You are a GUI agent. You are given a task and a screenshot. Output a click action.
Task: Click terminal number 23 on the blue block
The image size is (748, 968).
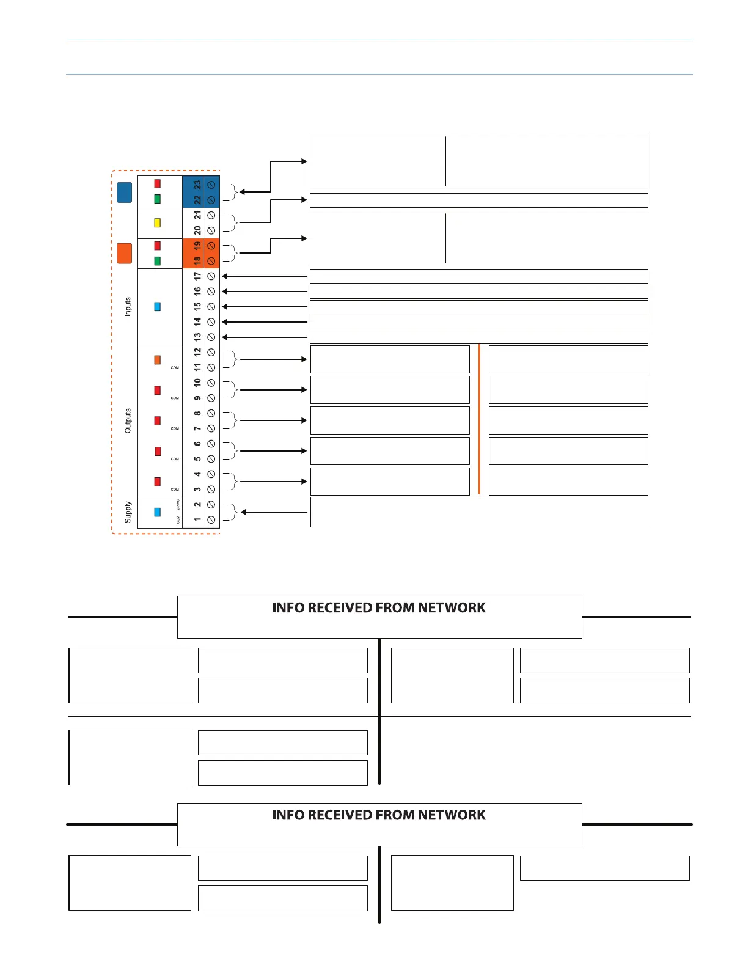point(197,185)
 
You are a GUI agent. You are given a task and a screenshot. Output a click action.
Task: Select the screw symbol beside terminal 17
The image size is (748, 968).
point(211,276)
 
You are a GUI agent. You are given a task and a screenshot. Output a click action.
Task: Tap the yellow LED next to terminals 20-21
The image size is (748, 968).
point(157,223)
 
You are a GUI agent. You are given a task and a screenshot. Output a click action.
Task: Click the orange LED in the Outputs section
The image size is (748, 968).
point(157,360)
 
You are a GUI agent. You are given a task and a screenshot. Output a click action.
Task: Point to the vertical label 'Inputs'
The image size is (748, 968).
point(128,306)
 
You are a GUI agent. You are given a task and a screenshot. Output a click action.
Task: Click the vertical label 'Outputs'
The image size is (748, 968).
point(128,421)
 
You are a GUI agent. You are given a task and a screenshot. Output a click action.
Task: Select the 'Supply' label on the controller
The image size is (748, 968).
point(128,512)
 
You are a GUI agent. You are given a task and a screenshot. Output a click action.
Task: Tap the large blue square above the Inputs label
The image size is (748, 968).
point(124,193)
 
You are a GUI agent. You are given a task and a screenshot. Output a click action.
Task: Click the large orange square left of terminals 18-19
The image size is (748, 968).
point(124,253)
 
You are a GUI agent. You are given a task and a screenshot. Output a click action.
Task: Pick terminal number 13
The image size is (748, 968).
point(197,337)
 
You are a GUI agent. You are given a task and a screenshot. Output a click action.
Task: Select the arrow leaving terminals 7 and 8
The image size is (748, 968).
point(273,420)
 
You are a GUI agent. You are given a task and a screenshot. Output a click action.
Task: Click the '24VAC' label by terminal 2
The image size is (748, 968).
point(178,505)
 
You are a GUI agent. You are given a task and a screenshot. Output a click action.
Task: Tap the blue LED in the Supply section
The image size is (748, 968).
point(157,512)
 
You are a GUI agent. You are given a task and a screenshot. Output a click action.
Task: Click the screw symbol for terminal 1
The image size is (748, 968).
point(211,520)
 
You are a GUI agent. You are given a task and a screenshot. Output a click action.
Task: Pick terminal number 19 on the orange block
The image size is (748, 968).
point(197,246)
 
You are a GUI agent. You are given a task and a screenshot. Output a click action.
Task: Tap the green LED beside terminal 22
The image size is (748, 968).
point(157,199)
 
